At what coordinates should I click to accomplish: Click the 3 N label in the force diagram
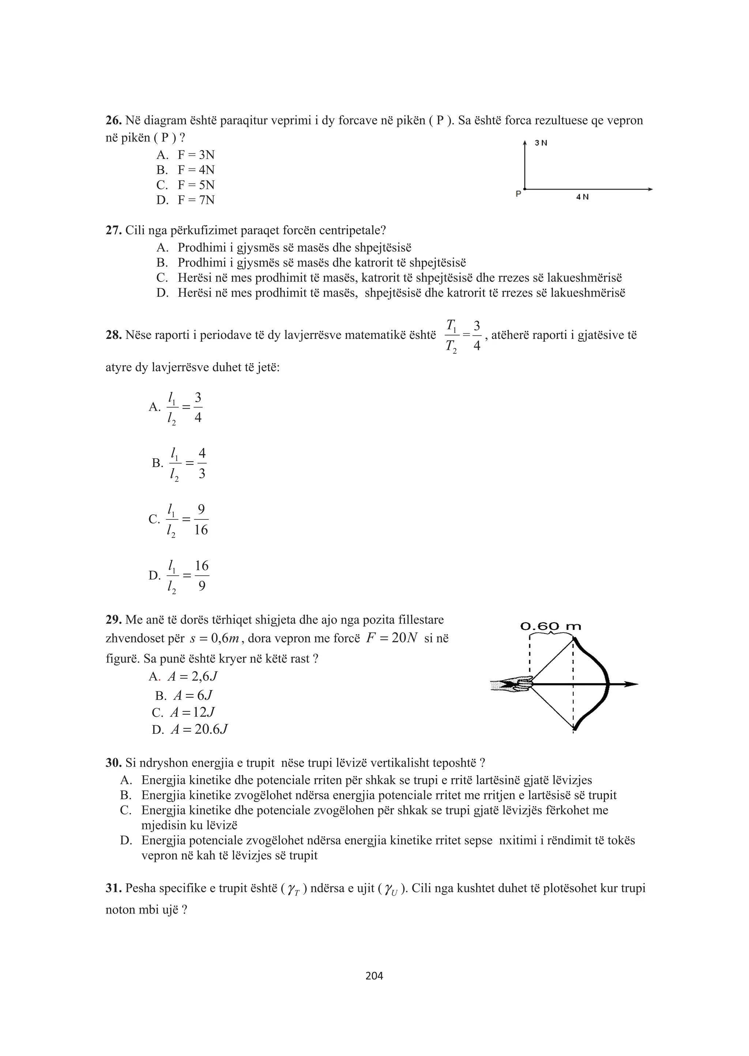pos(541,143)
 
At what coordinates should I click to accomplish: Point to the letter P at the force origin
pos(518,194)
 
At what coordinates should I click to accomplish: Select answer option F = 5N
pos(196,185)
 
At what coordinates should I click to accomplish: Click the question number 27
pos(113,231)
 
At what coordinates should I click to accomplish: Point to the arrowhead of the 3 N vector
pos(525,144)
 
